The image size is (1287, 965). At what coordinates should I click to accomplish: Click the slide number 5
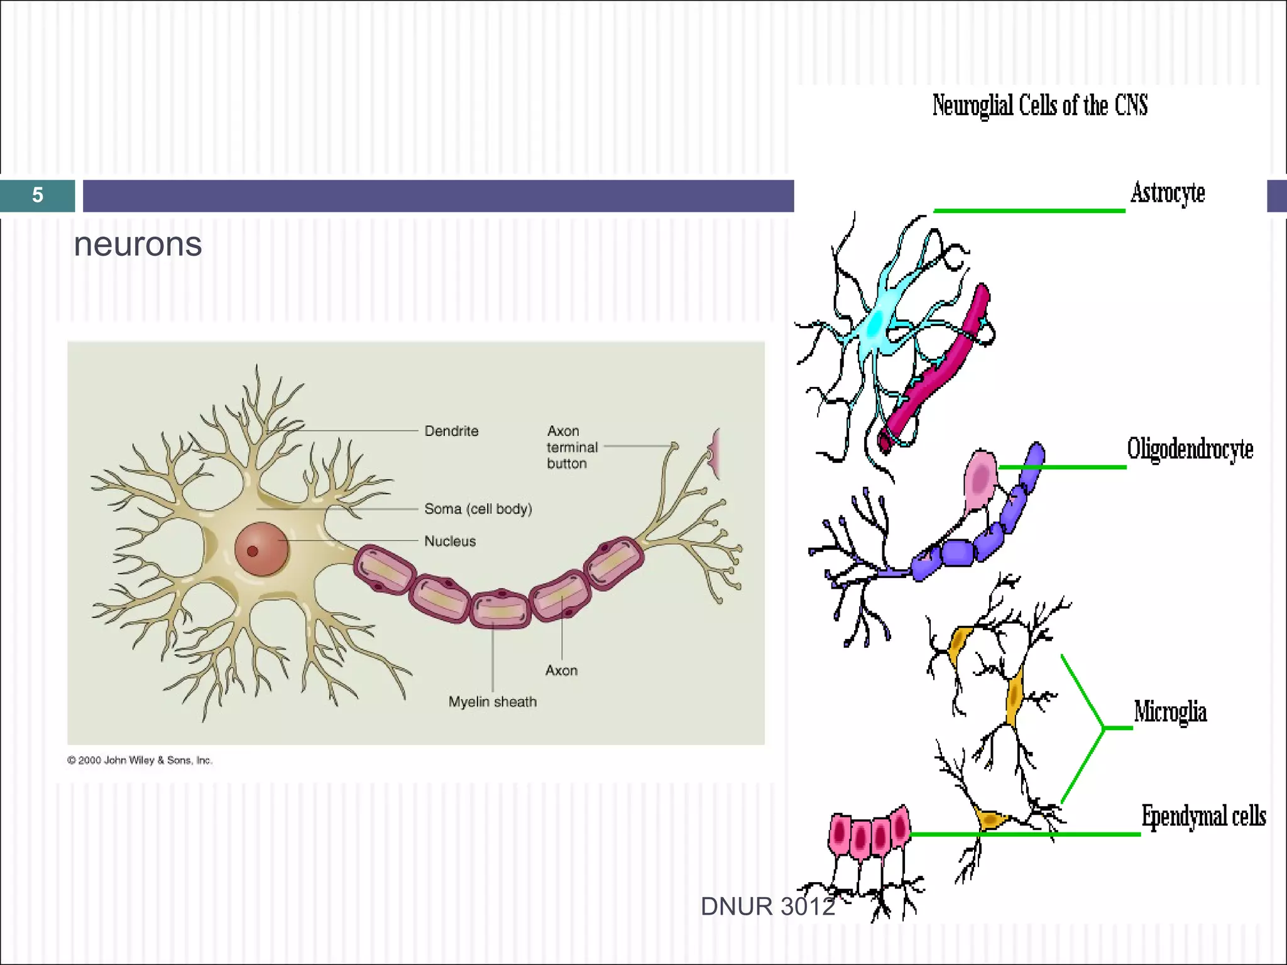click(x=38, y=195)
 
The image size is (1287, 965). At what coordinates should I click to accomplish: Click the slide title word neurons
click(x=138, y=244)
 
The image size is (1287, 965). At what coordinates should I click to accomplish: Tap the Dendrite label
click(x=451, y=431)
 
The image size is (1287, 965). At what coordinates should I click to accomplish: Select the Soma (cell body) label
click(x=478, y=509)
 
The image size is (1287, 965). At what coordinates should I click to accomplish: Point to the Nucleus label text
click(x=450, y=541)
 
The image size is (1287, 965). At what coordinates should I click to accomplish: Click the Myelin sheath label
click(x=493, y=702)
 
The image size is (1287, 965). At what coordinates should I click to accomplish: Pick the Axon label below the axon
click(x=561, y=670)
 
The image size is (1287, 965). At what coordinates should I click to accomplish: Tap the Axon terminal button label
click(x=571, y=447)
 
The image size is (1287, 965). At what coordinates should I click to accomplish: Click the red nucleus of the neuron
click(x=261, y=549)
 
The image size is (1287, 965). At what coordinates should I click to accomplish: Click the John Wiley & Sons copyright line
click(x=140, y=760)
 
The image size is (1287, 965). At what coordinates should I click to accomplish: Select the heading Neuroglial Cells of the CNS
click(x=1039, y=106)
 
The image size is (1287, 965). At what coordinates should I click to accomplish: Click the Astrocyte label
click(x=1168, y=193)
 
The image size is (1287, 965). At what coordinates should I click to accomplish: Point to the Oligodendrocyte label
click(x=1190, y=449)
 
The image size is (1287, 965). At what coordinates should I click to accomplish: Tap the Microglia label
click(x=1170, y=712)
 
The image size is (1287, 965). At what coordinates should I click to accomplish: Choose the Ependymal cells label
click(x=1203, y=816)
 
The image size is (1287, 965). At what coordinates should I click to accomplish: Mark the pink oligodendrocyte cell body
click(x=981, y=479)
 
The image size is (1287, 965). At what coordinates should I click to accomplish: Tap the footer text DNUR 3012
click(x=767, y=907)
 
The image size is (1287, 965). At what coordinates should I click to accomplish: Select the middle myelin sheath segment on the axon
click(x=501, y=609)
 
